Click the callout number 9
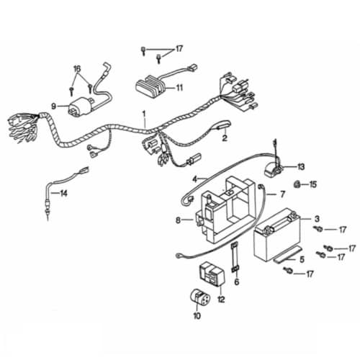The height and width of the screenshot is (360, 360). click(54, 106)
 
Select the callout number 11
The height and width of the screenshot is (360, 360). click(179, 88)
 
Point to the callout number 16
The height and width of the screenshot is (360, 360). click(77, 69)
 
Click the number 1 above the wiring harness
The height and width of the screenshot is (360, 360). click(144, 113)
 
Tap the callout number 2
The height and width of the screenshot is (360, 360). click(225, 138)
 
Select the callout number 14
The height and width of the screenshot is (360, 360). click(63, 193)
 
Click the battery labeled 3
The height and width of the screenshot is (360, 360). click(277, 236)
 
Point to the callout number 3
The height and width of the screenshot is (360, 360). click(317, 219)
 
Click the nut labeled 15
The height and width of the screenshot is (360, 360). click(297, 184)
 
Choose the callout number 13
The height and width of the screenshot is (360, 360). click(301, 166)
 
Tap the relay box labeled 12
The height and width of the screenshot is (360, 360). click(212, 274)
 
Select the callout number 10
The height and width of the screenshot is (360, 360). click(197, 316)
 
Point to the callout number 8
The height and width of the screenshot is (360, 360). click(178, 220)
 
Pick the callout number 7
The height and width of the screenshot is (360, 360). click(283, 194)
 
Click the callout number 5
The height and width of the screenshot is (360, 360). click(302, 259)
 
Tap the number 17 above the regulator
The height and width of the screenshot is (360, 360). click(179, 49)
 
